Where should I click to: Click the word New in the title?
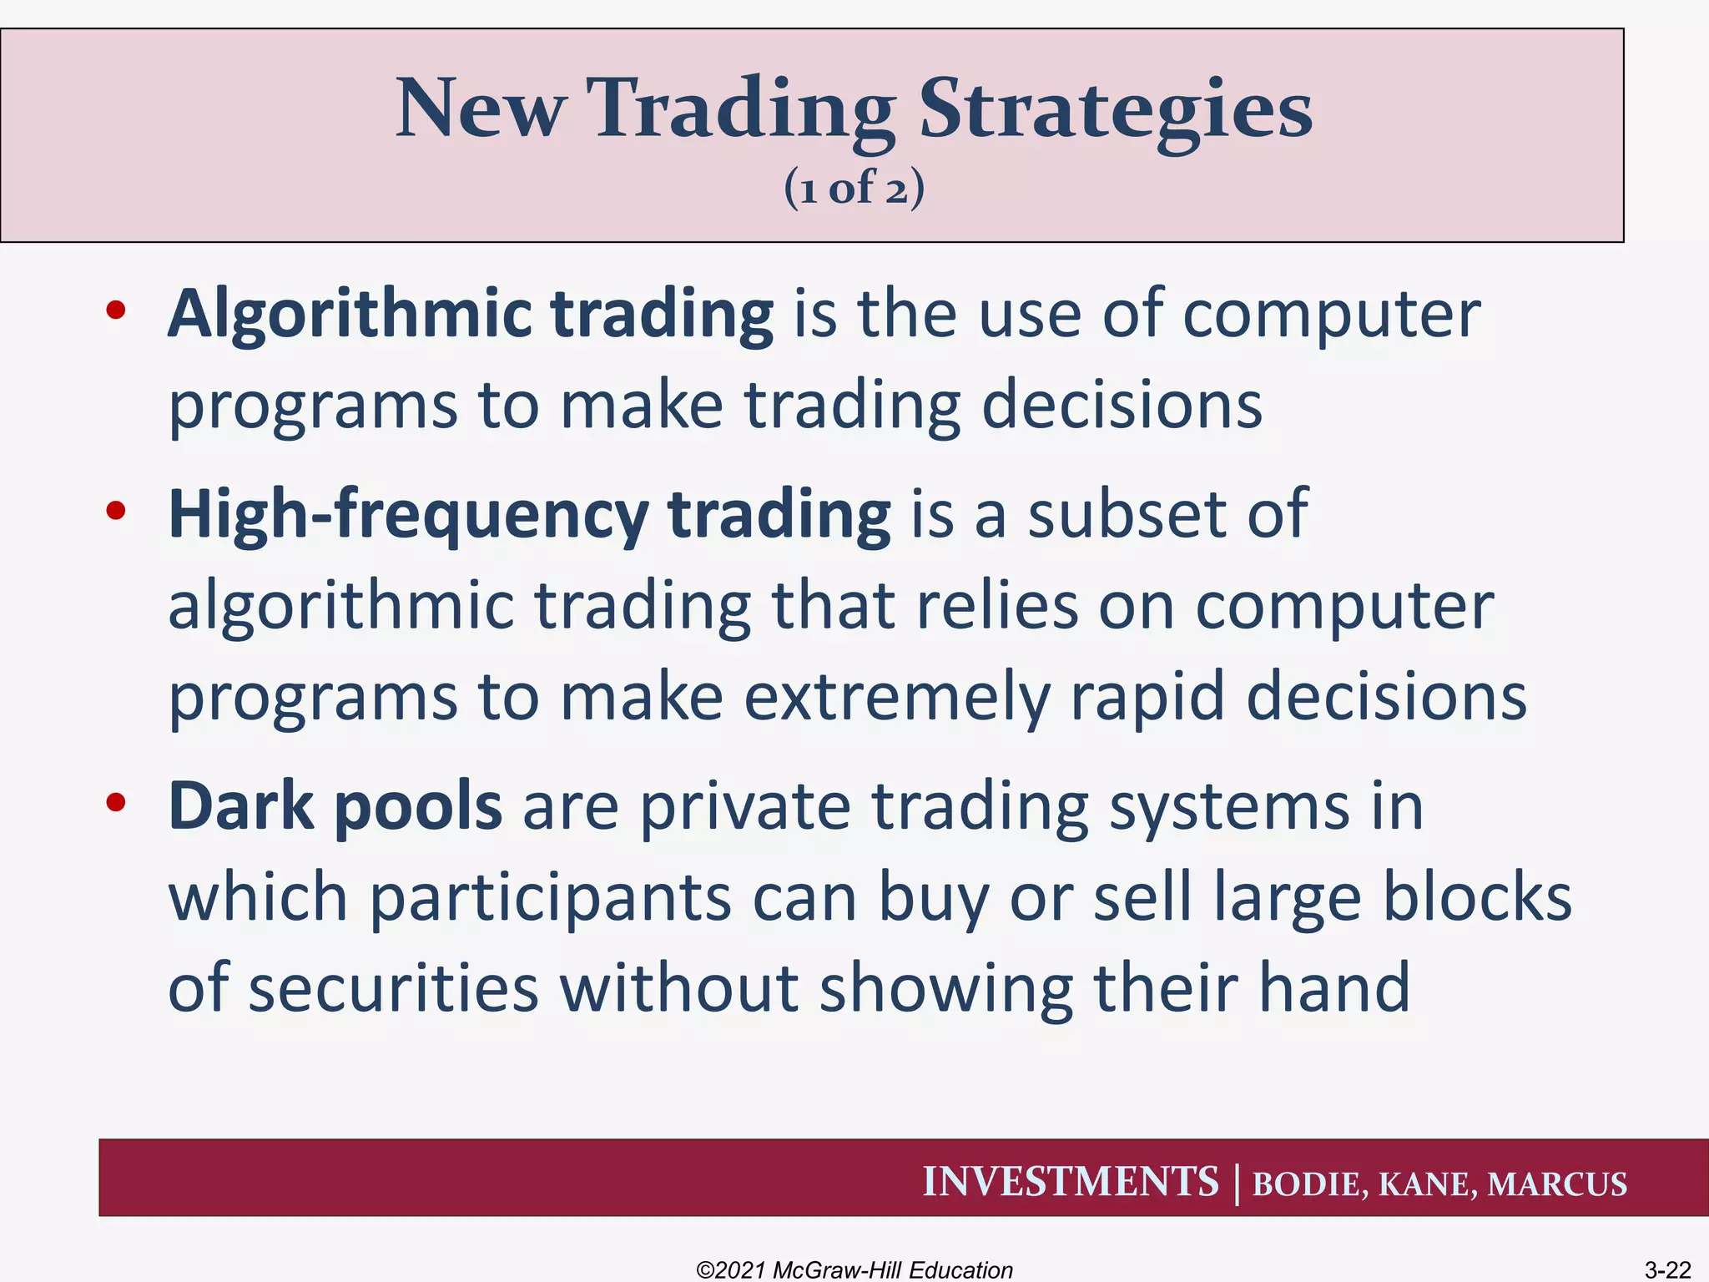[x=481, y=109]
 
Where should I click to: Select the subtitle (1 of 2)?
[x=854, y=187]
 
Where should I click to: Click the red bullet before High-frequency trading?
[x=116, y=510]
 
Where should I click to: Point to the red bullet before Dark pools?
[x=116, y=802]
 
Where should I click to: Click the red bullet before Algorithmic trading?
[x=116, y=310]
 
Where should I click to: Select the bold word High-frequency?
[x=407, y=516]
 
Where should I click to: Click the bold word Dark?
[x=241, y=806]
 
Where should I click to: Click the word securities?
[x=393, y=988]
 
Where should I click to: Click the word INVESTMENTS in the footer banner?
[x=1071, y=1182]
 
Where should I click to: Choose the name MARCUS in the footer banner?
[x=1557, y=1184]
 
